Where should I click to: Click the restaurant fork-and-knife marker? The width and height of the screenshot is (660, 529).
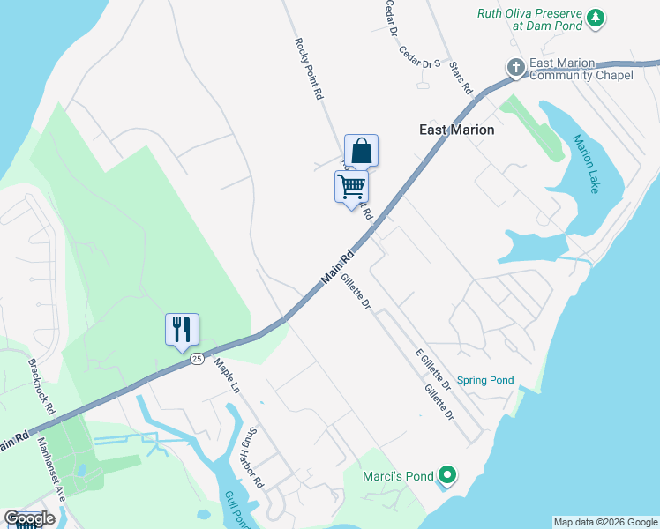182,330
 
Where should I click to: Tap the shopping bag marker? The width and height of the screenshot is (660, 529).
361,150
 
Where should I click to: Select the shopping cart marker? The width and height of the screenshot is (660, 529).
351,187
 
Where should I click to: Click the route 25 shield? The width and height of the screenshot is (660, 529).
197,359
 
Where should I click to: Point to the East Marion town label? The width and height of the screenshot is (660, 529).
455,130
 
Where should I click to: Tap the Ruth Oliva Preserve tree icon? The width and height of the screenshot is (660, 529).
596,18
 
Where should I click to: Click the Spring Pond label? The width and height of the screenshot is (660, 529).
485,381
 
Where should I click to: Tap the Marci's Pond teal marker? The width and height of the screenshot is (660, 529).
446,477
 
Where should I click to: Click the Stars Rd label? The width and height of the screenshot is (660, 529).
461,78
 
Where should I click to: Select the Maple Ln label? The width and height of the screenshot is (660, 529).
227,376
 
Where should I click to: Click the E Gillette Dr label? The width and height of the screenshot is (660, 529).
433,369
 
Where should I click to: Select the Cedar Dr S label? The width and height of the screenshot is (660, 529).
419,63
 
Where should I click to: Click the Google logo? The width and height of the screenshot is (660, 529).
30,518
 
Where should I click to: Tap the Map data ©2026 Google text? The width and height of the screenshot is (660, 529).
605,522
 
